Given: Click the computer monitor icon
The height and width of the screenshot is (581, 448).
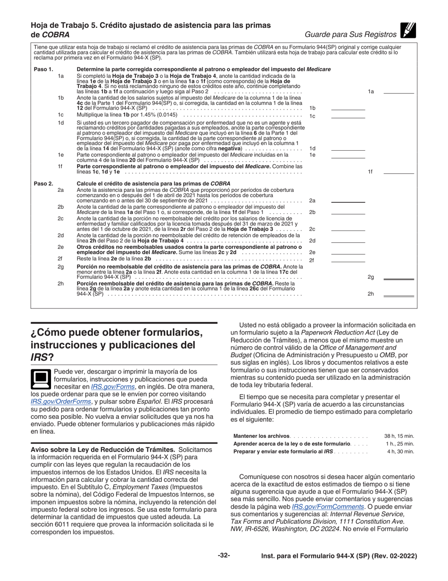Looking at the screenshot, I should pyautogui.click(x=41, y=377).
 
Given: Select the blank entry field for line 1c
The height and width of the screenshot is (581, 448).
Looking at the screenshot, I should pyautogui.click(x=348, y=115).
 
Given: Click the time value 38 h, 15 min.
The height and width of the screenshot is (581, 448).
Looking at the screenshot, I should pyautogui.click(x=399, y=436).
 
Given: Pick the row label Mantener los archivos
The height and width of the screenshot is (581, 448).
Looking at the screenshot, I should pyautogui.click(x=262, y=436).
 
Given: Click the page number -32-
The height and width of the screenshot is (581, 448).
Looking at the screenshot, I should pyautogui.click(x=224, y=556).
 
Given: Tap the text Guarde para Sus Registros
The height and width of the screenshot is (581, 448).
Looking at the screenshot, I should pyautogui.click(x=350, y=34).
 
